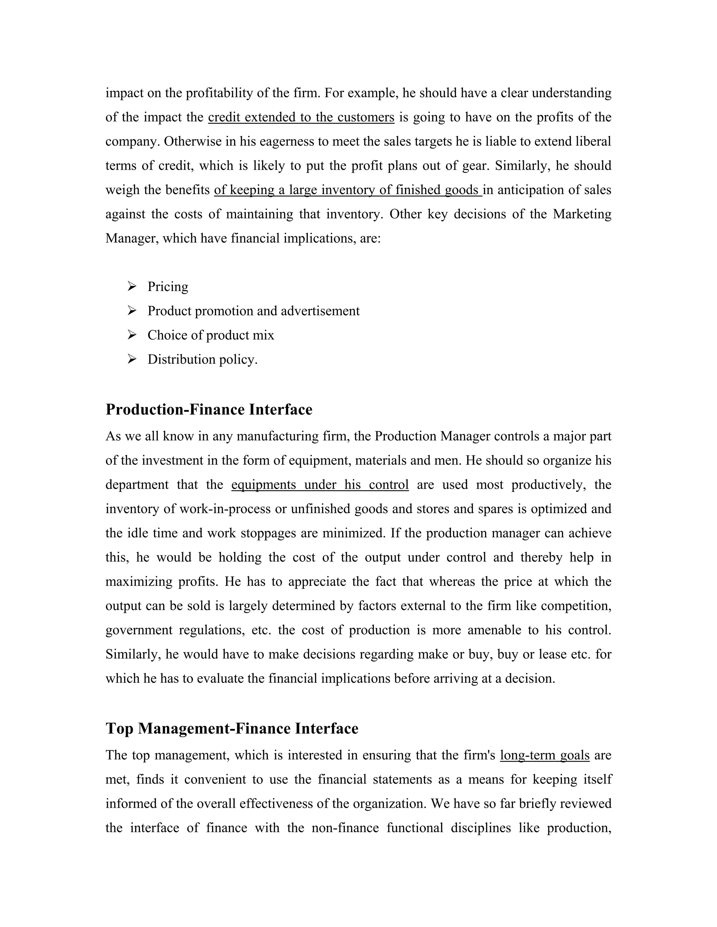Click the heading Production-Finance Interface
[209, 410]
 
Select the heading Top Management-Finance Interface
[231, 729]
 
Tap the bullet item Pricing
[168, 287]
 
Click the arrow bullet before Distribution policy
[132, 360]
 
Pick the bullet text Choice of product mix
[211, 335]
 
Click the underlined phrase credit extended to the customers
[301, 117]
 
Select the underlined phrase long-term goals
[544, 756]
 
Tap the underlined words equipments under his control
[320, 485]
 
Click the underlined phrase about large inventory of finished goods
[347, 190]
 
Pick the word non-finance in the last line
[345, 828]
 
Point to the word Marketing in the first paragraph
[582, 214]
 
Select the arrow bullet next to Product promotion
[132, 311]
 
